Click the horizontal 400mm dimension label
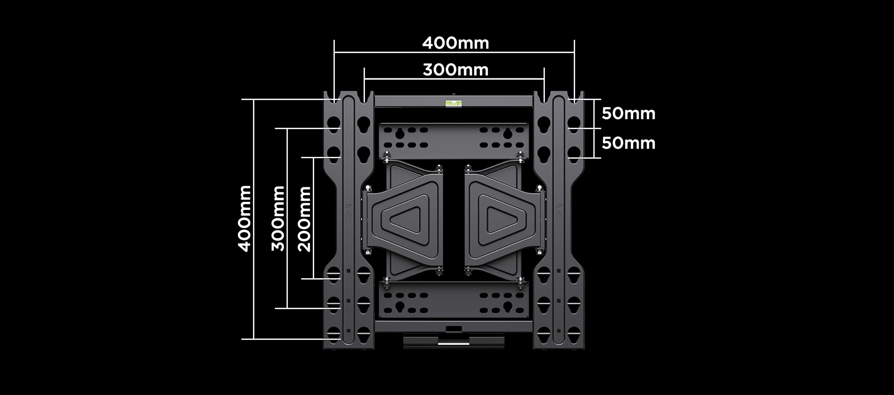pyautogui.click(x=455, y=43)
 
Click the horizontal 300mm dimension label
pyautogui.click(x=455, y=70)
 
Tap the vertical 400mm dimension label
pyautogui.click(x=245, y=219)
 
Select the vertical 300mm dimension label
pyautogui.click(x=278, y=219)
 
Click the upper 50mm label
pyautogui.click(x=628, y=113)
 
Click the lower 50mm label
pyautogui.click(x=628, y=143)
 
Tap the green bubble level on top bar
pyautogui.click(x=454, y=103)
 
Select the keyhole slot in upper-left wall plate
pyautogui.click(x=400, y=133)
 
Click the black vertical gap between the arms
pyautogui.click(x=454, y=219)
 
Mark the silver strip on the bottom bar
pyautogui.click(x=453, y=343)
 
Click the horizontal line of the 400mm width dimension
pyautogui.click(x=382, y=52)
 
